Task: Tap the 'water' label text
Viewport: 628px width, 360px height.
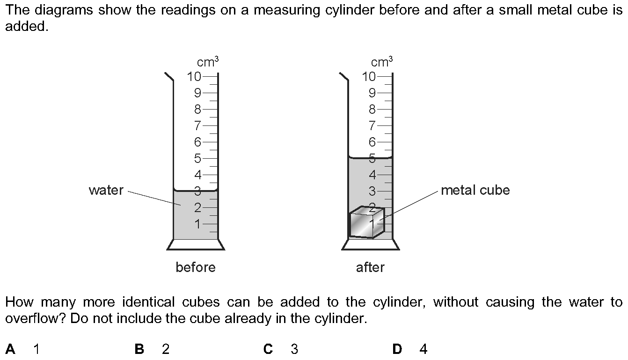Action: (106, 191)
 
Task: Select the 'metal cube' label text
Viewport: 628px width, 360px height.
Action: (475, 191)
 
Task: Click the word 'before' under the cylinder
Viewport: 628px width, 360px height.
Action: (196, 267)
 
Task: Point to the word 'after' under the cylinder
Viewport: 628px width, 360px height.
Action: (370, 267)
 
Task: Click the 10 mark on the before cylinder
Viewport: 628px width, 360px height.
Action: (194, 76)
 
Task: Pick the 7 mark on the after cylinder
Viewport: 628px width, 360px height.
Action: (372, 125)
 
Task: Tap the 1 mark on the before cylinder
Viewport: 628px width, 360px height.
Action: (198, 224)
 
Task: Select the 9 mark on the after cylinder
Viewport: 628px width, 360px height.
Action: (372, 93)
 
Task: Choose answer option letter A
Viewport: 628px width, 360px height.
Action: (10, 349)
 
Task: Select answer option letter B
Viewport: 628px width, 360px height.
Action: (139, 349)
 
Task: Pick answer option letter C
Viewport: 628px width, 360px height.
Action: (268, 349)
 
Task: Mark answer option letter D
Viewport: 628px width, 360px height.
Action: (397, 349)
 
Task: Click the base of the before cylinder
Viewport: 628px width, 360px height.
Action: (196, 244)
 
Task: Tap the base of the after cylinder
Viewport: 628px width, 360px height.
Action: (370, 244)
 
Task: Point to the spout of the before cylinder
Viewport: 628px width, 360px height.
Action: (168, 76)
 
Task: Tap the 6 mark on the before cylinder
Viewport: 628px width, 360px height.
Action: (198, 142)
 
